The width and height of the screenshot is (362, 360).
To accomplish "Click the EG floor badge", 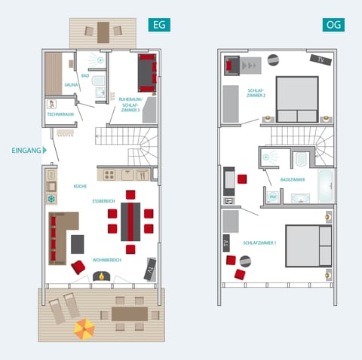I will click(159, 25).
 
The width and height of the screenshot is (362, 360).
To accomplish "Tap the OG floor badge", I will click(333, 25).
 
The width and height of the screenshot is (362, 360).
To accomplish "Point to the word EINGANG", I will click(25, 151).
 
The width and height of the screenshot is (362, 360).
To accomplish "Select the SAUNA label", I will click(72, 85).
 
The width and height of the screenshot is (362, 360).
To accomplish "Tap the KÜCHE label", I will click(80, 185).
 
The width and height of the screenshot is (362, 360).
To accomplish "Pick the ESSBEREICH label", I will click(103, 201).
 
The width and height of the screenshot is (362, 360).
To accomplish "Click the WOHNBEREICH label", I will click(107, 260).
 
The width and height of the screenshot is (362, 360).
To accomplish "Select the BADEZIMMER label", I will click(292, 180).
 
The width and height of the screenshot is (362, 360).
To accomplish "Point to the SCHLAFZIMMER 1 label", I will click(259, 243).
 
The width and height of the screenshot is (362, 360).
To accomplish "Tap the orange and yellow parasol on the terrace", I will click(84, 328).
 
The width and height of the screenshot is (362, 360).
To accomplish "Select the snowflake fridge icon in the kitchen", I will click(51, 200).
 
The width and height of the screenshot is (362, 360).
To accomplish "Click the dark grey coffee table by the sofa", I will click(78, 244).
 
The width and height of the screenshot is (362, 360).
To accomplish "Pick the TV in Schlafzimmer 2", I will click(320, 59).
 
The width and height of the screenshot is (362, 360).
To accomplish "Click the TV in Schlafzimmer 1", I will click(227, 243).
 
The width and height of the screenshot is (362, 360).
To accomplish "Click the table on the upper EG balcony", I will click(103, 32).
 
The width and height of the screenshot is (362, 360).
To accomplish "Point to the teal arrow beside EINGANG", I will click(46, 151).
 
